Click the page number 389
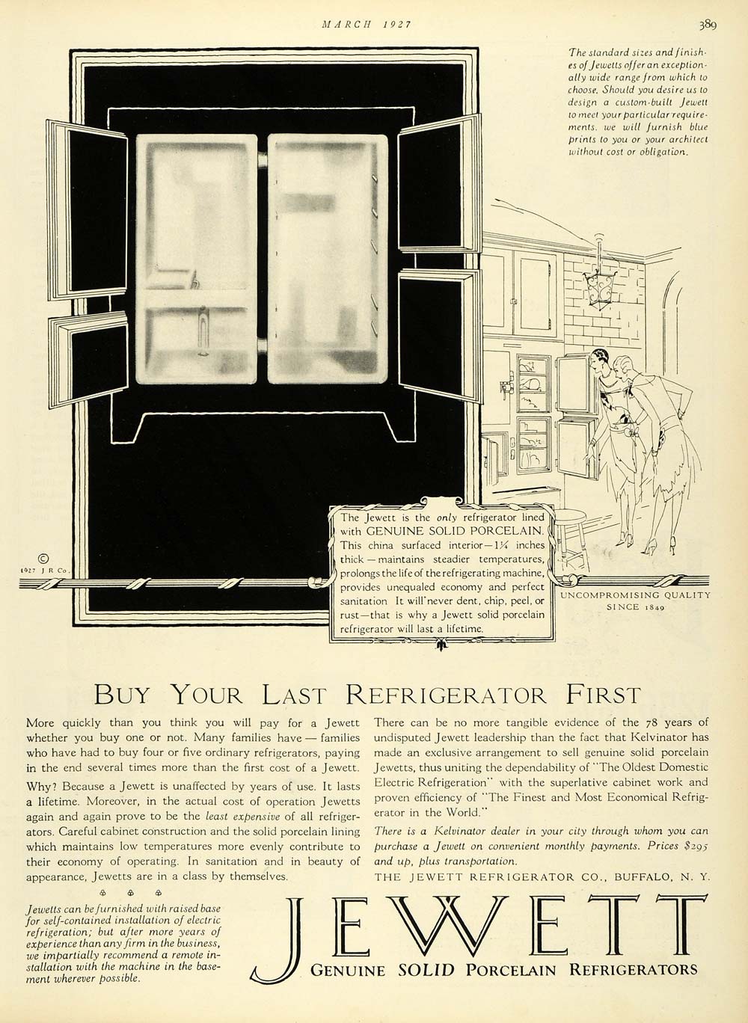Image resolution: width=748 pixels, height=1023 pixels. tap(708, 25)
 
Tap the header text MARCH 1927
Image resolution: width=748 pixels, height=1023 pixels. tap(367, 24)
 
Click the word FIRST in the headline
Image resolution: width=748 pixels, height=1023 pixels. tap(601, 695)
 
